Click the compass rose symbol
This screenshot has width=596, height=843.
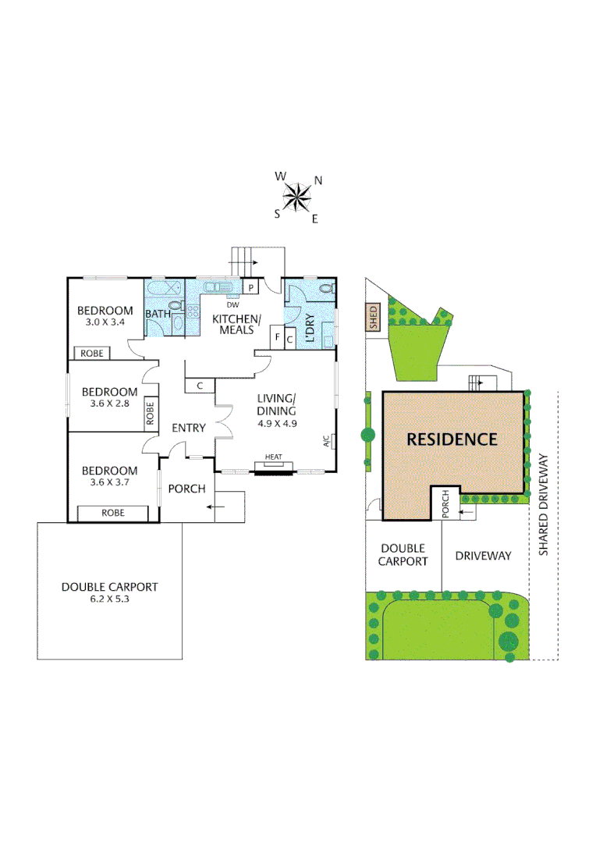pyautogui.click(x=296, y=197)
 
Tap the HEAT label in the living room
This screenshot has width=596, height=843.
pyautogui.click(x=273, y=457)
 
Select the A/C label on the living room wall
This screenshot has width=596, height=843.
pyautogui.click(x=326, y=441)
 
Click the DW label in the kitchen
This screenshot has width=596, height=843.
pyautogui.click(x=232, y=304)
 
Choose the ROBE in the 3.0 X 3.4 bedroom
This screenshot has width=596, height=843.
pyautogui.click(x=91, y=354)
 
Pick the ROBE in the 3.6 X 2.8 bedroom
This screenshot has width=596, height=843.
pyautogui.click(x=150, y=412)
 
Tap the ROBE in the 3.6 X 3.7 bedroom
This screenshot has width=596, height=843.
pyautogui.click(x=113, y=513)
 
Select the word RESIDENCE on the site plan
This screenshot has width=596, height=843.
pyautogui.click(x=452, y=439)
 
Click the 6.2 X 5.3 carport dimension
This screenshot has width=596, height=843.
pyautogui.click(x=110, y=600)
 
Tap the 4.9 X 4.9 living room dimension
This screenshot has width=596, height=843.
pyautogui.click(x=276, y=423)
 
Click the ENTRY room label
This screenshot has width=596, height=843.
pyautogui.click(x=188, y=428)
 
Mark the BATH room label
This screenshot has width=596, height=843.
pyautogui.click(x=158, y=315)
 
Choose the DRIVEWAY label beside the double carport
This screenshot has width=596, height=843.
pyautogui.click(x=483, y=556)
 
